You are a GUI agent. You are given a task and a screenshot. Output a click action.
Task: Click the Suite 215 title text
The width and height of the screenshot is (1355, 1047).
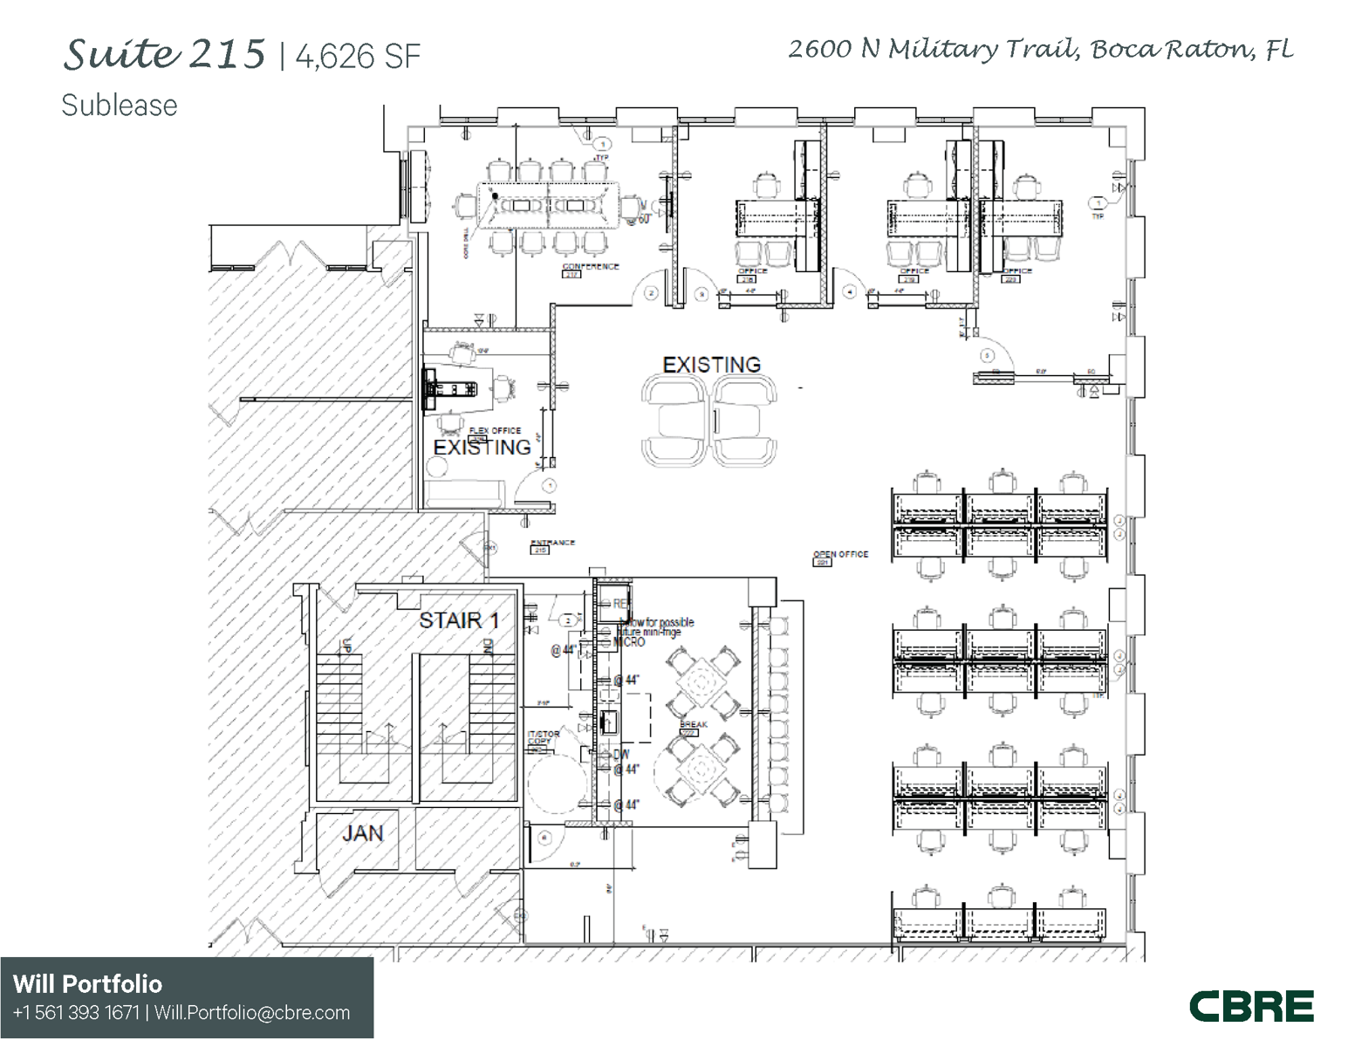coord(163,55)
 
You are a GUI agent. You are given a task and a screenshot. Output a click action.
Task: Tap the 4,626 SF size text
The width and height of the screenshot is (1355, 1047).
coord(358,58)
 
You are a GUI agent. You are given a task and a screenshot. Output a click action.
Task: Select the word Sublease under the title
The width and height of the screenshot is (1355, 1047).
coord(120,106)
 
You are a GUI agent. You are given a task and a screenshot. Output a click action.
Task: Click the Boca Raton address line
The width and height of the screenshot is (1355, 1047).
coord(1040,49)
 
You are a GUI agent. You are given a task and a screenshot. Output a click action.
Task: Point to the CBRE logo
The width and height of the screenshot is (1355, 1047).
coord(1251,1006)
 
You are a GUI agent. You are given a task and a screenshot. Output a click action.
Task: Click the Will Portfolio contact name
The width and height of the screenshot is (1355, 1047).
coord(87,984)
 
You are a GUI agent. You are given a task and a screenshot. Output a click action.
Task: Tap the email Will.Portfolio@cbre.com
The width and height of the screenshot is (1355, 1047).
coord(252,1013)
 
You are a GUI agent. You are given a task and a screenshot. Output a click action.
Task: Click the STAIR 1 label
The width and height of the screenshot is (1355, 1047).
coord(459,620)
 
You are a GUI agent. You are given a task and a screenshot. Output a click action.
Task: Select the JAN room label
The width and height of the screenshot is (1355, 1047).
coord(362,833)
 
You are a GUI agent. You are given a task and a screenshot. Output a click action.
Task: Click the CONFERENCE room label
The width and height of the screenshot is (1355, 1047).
coord(591,266)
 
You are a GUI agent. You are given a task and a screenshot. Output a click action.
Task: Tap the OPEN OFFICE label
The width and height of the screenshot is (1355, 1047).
coord(840,554)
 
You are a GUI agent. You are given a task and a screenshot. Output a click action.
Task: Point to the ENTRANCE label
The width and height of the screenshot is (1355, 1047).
coord(552,543)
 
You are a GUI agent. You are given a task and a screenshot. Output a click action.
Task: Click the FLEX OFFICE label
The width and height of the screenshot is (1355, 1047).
coord(495,430)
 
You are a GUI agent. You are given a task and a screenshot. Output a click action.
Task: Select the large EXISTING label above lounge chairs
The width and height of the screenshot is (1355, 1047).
coord(711,365)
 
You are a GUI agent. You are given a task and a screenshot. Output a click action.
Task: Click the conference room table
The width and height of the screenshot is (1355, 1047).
coord(548,206)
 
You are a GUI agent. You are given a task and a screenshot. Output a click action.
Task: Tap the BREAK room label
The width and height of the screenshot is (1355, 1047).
coord(694,725)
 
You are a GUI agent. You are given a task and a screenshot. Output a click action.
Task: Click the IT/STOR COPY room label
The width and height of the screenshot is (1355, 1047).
coord(544,738)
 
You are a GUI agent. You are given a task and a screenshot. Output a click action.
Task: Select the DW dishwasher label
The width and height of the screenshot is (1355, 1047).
coord(621,755)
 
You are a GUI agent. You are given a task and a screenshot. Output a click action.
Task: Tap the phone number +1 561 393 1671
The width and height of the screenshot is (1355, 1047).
coord(77,1013)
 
